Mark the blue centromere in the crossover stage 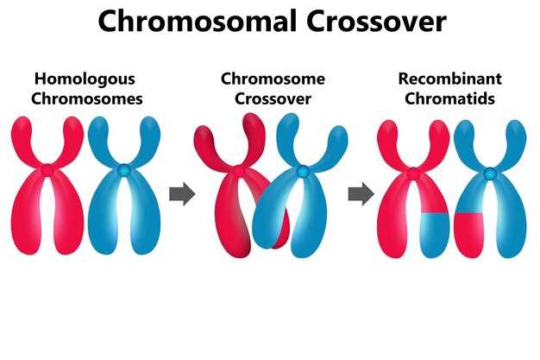click(x=303, y=172)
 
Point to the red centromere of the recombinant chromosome click(x=413, y=173)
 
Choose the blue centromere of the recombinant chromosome click(x=489, y=173)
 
